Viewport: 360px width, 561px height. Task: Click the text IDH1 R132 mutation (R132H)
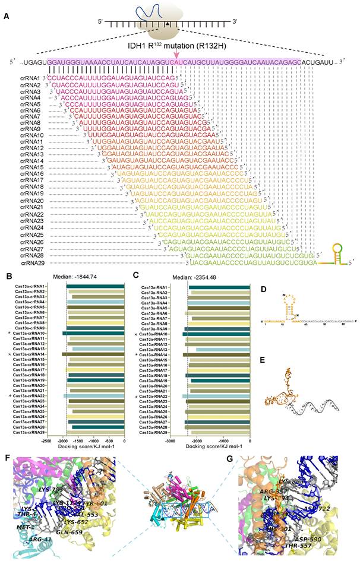(174, 45)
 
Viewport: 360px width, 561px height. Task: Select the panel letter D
(262, 287)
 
